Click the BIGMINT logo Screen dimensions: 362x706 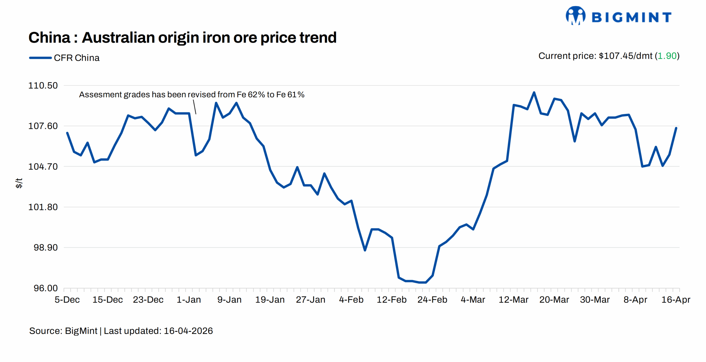click(618, 16)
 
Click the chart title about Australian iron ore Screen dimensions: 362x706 click(182, 38)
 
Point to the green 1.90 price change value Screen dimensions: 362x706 click(667, 56)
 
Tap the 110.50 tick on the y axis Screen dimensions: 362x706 click(43, 86)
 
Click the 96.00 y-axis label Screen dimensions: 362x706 click(46, 288)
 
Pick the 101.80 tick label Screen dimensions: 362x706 click(43, 207)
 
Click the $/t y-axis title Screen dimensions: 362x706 click(19, 183)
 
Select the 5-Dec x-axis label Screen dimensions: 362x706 click(67, 300)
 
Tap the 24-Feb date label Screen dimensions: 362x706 click(432, 300)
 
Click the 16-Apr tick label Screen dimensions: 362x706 click(676, 300)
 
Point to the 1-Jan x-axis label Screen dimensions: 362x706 click(189, 300)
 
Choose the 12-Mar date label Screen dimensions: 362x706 click(513, 300)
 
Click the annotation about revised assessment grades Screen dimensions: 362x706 click(192, 95)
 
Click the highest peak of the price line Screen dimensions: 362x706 click(534, 92)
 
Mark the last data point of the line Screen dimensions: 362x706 click(676, 128)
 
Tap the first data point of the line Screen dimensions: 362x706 click(67, 133)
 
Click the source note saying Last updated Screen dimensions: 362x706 click(121, 331)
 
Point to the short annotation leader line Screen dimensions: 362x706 click(194, 107)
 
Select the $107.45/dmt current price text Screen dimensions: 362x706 click(625, 56)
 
